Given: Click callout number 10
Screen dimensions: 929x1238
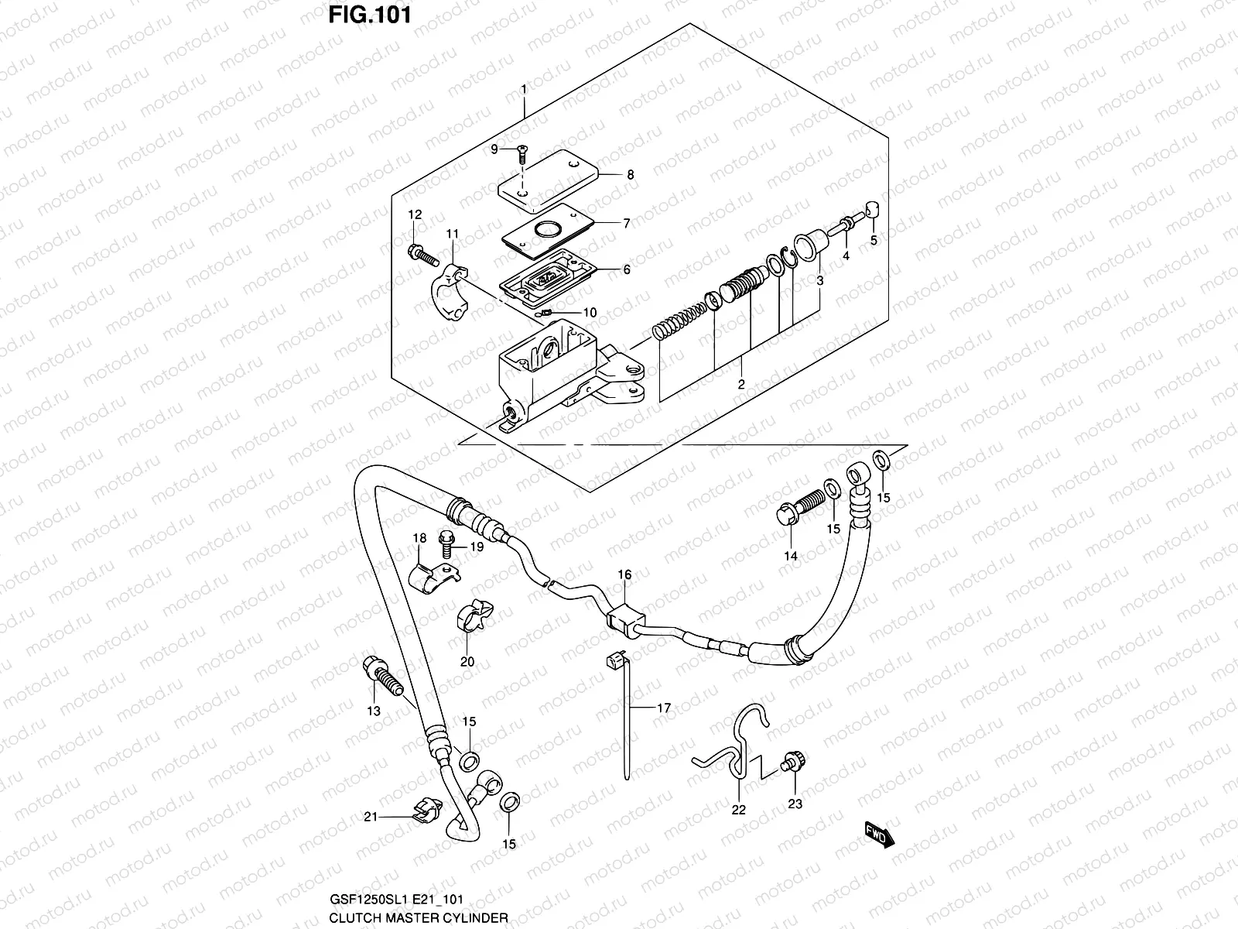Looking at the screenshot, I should [590, 313].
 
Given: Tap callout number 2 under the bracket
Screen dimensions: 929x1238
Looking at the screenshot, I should [740, 384].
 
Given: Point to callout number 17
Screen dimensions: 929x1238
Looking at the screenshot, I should [664, 708].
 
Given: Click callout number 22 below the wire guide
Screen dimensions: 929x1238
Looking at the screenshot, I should [738, 809].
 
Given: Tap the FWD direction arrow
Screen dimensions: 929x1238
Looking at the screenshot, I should [879, 835].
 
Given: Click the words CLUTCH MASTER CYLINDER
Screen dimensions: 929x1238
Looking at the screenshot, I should [419, 918].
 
